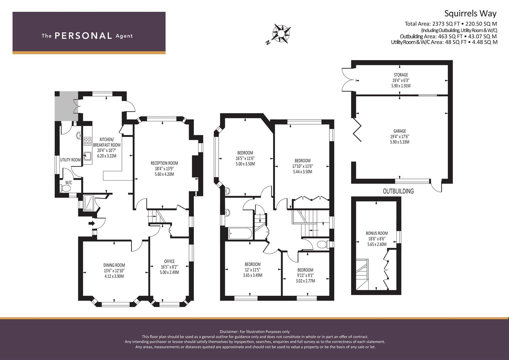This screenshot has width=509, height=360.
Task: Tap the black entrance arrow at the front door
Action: click(x=92, y=223)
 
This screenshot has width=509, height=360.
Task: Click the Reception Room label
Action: click(x=164, y=163)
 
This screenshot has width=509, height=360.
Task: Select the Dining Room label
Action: click(x=114, y=265)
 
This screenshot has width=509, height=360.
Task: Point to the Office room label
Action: click(x=169, y=261)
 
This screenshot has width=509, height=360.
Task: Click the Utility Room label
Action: click(x=70, y=160)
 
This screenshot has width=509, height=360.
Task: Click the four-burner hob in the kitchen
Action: click(x=88, y=141)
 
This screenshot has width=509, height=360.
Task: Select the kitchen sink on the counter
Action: click(x=87, y=156)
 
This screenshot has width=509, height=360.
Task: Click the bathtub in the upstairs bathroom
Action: click(x=240, y=233)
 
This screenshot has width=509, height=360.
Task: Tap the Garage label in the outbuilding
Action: click(x=400, y=131)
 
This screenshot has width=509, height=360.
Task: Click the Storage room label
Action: click(x=401, y=75)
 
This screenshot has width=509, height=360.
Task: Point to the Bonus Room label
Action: click(x=377, y=233)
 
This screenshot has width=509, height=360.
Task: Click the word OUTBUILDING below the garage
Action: click(x=398, y=191)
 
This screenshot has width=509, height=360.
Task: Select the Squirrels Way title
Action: click(x=470, y=14)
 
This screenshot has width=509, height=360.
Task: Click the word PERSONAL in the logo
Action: click(x=83, y=36)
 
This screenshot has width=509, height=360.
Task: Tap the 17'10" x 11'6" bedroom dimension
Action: click(x=302, y=166)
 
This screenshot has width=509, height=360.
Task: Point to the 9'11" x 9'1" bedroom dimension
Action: click(x=305, y=275)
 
